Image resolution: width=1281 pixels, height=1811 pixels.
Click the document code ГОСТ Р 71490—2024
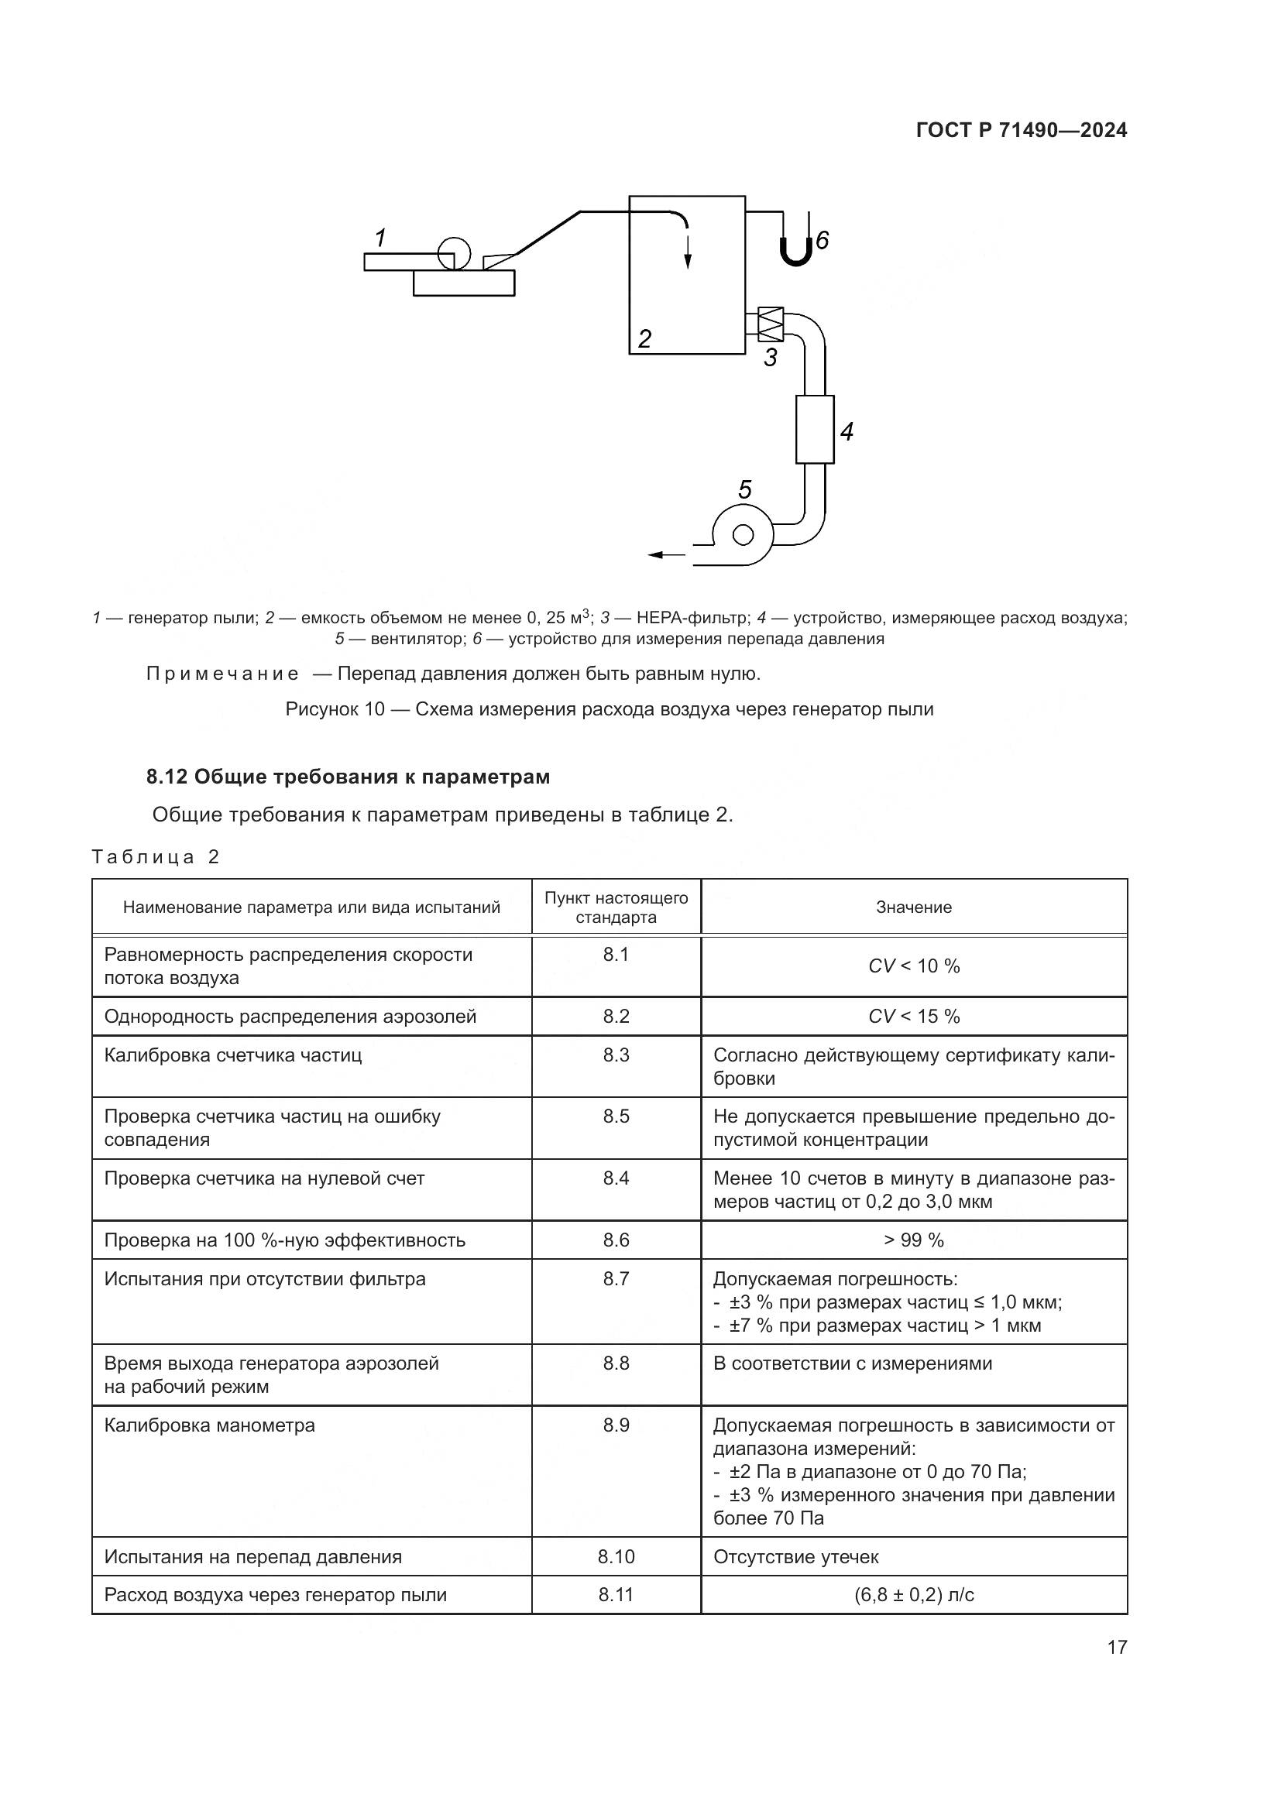(x=1021, y=131)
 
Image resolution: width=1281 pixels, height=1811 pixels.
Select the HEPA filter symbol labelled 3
(x=771, y=324)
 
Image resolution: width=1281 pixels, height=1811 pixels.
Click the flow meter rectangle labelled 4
(x=815, y=430)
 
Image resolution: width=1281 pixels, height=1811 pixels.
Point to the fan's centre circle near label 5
(x=743, y=536)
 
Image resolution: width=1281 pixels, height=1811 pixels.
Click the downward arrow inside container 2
(x=688, y=251)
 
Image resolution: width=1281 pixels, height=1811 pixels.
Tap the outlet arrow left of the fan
(x=667, y=555)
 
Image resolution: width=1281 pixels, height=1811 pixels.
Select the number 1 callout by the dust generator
(x=380, y=237)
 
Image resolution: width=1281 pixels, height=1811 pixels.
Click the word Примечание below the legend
(x=222, y=674)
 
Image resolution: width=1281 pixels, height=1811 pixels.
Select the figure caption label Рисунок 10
(x=335, y=710)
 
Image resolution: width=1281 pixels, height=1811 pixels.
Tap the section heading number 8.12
(x=166, y=777)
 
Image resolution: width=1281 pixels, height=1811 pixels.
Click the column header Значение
(x=913, y=908)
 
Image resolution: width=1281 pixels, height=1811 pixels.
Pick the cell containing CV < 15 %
(x=913, y=1017)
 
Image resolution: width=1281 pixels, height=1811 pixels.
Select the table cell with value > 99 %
(x=913, y=1240)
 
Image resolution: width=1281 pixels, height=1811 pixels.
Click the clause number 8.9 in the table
(x=616, y=1425)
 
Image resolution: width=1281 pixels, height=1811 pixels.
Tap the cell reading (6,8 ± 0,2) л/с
(x=913, y=1595)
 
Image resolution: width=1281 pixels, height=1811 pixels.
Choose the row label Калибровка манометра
(x=210, y=1425)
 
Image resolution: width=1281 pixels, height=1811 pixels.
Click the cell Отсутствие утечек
(x=796, y=1557)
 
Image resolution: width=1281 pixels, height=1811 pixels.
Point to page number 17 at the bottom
(x=1117, y=1647)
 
